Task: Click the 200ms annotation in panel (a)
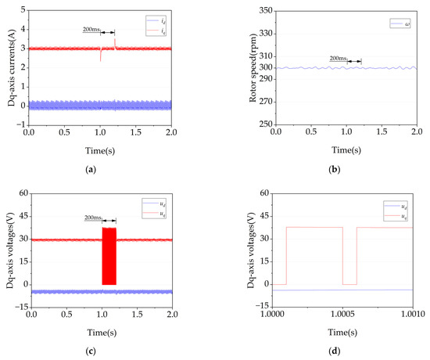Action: tap(91, 31)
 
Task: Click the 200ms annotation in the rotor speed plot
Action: tap(338, 59)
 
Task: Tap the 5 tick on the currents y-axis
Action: tap(23, 11)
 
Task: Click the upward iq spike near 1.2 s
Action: tap(115, 41)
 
